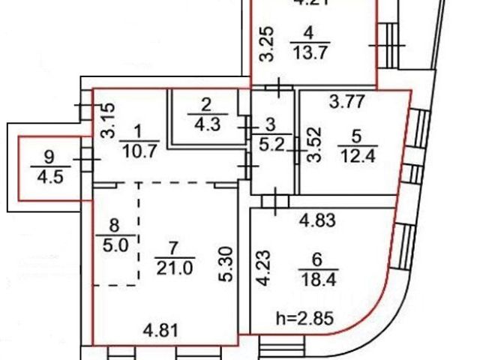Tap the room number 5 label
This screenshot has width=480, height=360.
coord(356,136)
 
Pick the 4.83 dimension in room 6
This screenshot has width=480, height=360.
coord(315,221)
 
